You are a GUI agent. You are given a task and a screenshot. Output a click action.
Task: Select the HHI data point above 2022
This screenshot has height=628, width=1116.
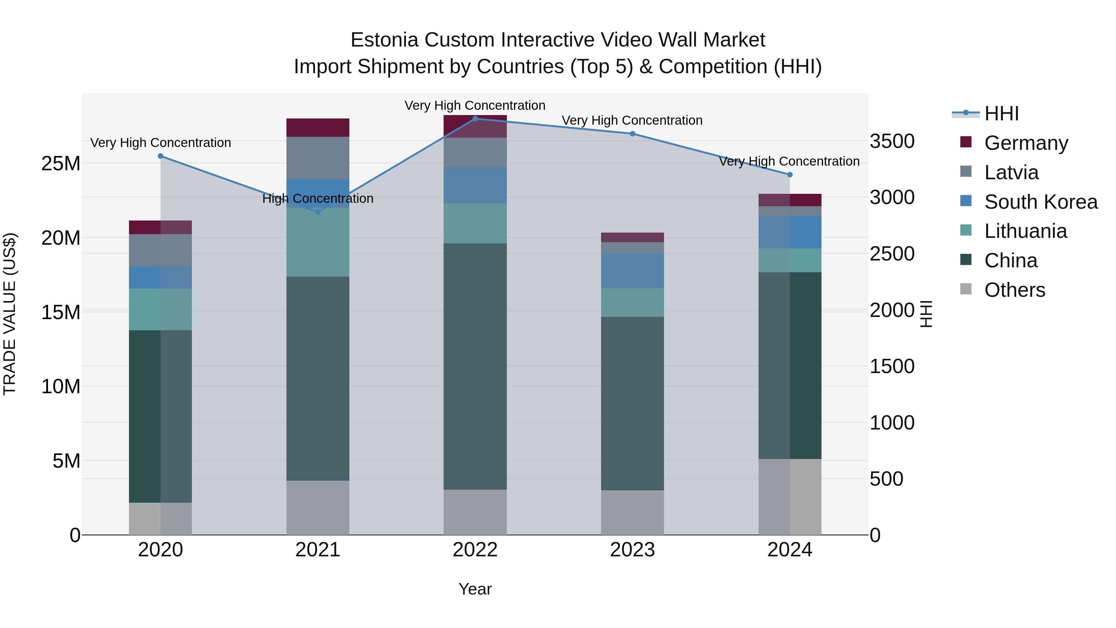[475, 118]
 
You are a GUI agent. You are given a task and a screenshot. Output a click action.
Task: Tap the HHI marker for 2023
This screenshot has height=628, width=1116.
[632, 133]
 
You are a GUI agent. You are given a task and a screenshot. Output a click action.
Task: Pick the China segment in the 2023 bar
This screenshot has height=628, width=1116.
[632, 403]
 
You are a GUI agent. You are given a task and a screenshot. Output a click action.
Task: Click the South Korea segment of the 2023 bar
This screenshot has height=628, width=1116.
[632, 270]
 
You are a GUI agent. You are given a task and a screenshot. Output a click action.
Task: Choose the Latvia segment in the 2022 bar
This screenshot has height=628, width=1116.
[475, 152]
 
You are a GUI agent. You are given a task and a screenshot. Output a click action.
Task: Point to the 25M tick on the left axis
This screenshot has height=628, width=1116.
[61, 163]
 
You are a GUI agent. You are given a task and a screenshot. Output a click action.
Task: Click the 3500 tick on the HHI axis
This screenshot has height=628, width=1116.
[892, 141]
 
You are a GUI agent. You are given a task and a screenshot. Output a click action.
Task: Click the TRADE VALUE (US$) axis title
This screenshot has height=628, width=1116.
[10, 314]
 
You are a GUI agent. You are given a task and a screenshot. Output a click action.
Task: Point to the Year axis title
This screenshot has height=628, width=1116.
[475, 589]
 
